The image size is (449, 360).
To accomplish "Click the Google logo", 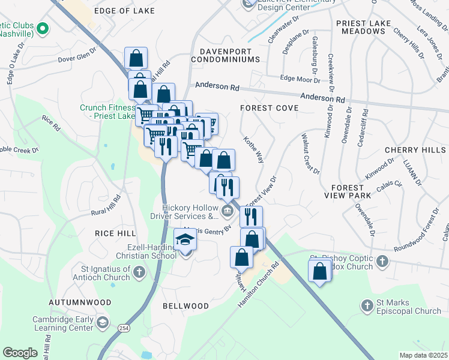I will click(x=20, y=353).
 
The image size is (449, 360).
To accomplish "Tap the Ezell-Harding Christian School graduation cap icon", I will click(x=185, y=240).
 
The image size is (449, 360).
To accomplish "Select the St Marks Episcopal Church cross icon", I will click(x=367, y=306).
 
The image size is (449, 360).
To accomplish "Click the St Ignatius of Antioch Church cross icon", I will click(x=139, y=272).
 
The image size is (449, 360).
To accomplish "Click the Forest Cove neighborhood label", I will click(x=269, y=108).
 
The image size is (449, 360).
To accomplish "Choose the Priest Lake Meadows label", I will click(x=364, y=27).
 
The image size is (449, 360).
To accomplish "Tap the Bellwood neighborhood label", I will click(x=185, y=306).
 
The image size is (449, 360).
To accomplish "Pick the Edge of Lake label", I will click(x=124, y=11).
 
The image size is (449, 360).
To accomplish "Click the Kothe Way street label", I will click(x=253, y=149).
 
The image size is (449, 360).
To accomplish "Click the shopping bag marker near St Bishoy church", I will click(x=320, y=271).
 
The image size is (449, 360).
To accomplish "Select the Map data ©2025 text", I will click(x=423, y=355).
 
